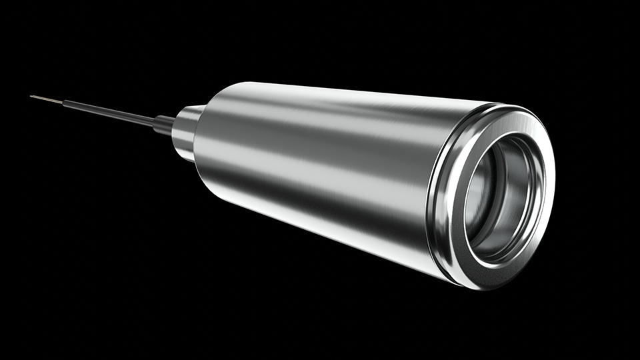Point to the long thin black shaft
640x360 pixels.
107,111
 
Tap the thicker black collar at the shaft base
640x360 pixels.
164,123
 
